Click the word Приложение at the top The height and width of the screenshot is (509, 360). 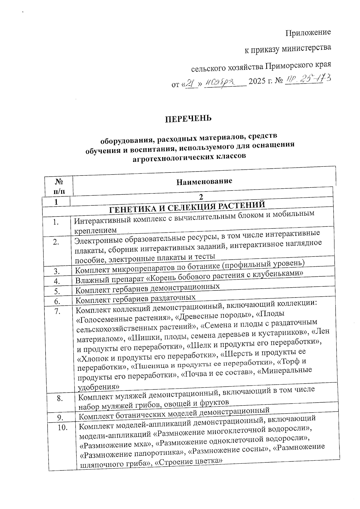click(x=308, y=32)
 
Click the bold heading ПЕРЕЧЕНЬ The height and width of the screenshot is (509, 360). click(x=188, y=118)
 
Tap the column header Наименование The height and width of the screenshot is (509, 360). click(x=204, y=181)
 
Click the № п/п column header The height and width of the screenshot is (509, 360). click(x=59, y=186)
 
